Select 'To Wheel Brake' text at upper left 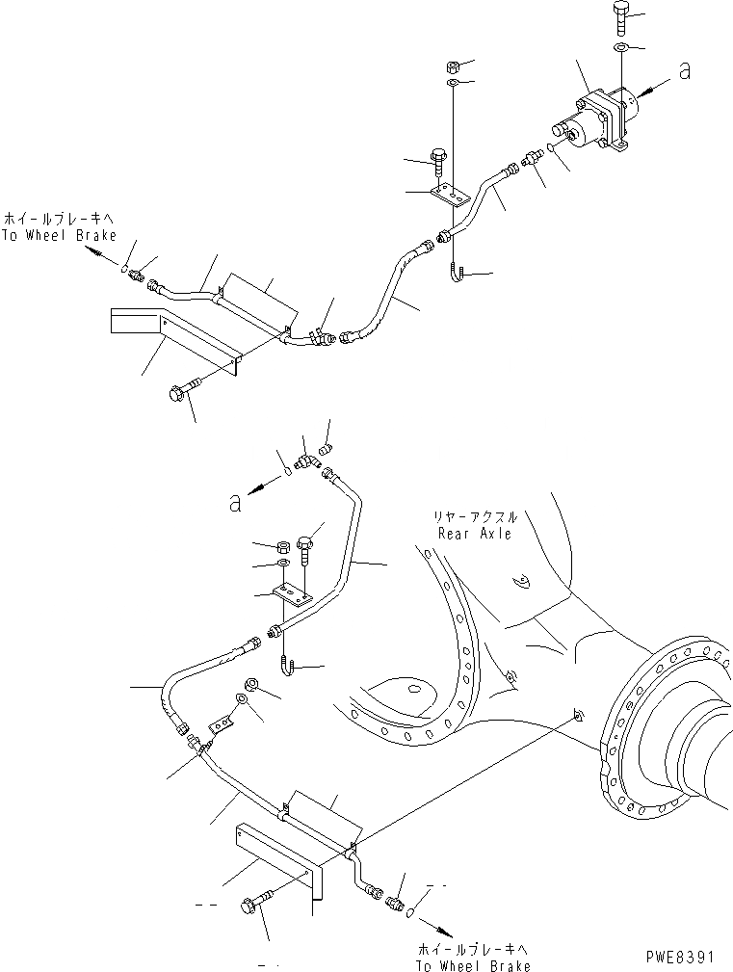pos(59,235)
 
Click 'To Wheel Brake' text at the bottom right pos(473,965)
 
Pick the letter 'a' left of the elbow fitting pos(234,501)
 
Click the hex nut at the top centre pos(452,66)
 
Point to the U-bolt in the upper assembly pos(456,273)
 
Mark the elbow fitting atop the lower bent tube pos(304,463)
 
